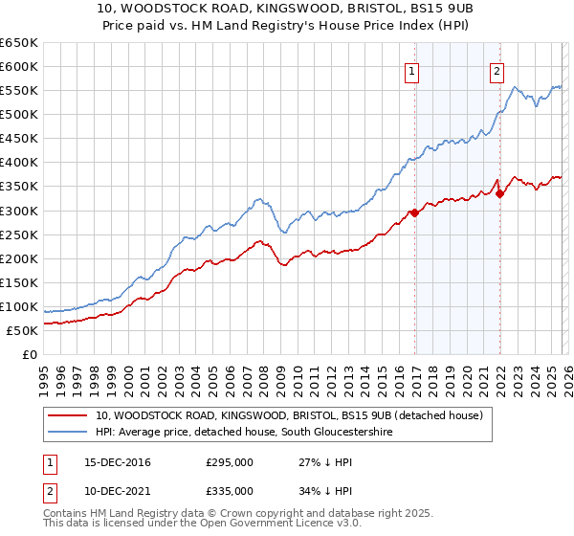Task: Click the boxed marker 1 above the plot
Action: coord(412,70)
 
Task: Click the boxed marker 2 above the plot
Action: coord(497,70)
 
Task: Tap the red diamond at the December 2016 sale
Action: coord(414,212)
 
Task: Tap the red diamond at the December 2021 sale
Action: coord(499,193)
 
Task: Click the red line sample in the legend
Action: coord(69,416)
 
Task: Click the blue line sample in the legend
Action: coord(69,433)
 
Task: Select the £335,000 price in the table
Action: coord(230,491)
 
